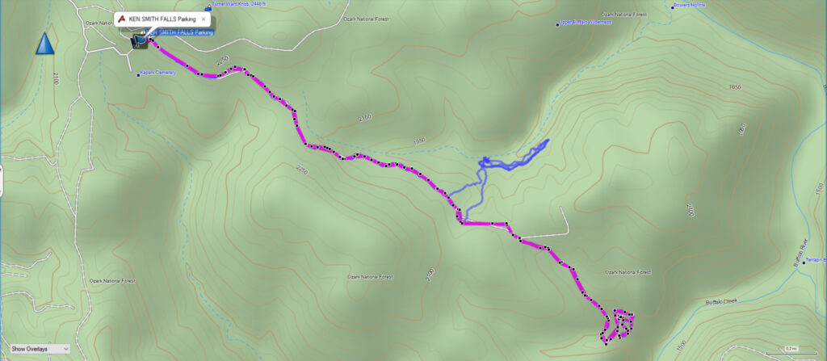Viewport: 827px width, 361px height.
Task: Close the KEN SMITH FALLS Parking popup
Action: (204, 17)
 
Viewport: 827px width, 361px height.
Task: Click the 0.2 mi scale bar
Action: (795, 350)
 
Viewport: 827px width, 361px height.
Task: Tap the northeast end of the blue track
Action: (548, 141)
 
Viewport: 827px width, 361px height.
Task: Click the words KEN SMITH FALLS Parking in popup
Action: (162, 17)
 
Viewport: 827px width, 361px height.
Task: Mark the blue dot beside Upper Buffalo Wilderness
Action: (557, 24)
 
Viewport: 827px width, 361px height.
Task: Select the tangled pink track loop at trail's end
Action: (619, 323)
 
